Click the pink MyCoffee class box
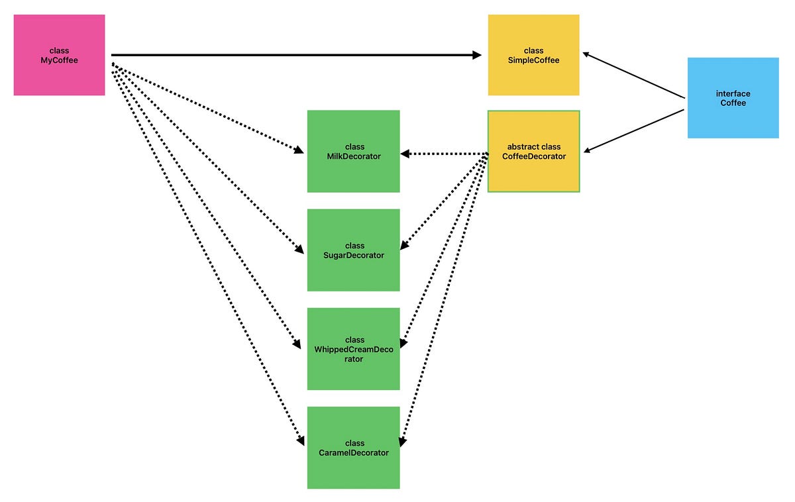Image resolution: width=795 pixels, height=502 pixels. pyautogui.click(x=59, y=55)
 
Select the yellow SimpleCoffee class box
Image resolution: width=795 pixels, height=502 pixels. pyautogui.click(x=533, y=55)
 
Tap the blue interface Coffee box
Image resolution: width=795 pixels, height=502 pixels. pyautogui.click(x=733, y=98)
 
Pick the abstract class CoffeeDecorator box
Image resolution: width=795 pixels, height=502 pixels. pyautogui.click(x=533, y=152)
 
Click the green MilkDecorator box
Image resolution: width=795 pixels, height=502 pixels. pyautogui.click(x=353, y=151)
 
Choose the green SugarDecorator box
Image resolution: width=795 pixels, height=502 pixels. pyautogui.click(x=353, y=250)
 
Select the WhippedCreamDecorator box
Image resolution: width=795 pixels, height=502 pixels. pyautogui.click(x=353, y=348)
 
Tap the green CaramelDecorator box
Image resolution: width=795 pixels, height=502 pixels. pyautogui.click(x=353, y=448)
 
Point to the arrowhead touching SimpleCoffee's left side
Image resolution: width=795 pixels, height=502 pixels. pyautogui.click(x=477, y=55)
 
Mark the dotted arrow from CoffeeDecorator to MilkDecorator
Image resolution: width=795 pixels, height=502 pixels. pyautogui.click(x=444, y=154)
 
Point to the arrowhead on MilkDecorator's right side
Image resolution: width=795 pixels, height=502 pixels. pyautogui.click(x=405, y=154)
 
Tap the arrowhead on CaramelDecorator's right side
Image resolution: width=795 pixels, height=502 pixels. pyautogui.click(x=402, y=440)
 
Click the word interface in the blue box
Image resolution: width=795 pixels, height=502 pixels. pyautogui.click(x=733, y=94)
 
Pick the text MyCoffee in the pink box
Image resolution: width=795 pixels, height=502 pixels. pyautogui.click(x=59, y=60)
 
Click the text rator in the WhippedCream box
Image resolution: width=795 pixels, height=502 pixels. pyautogui.click(x=353, y=359)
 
